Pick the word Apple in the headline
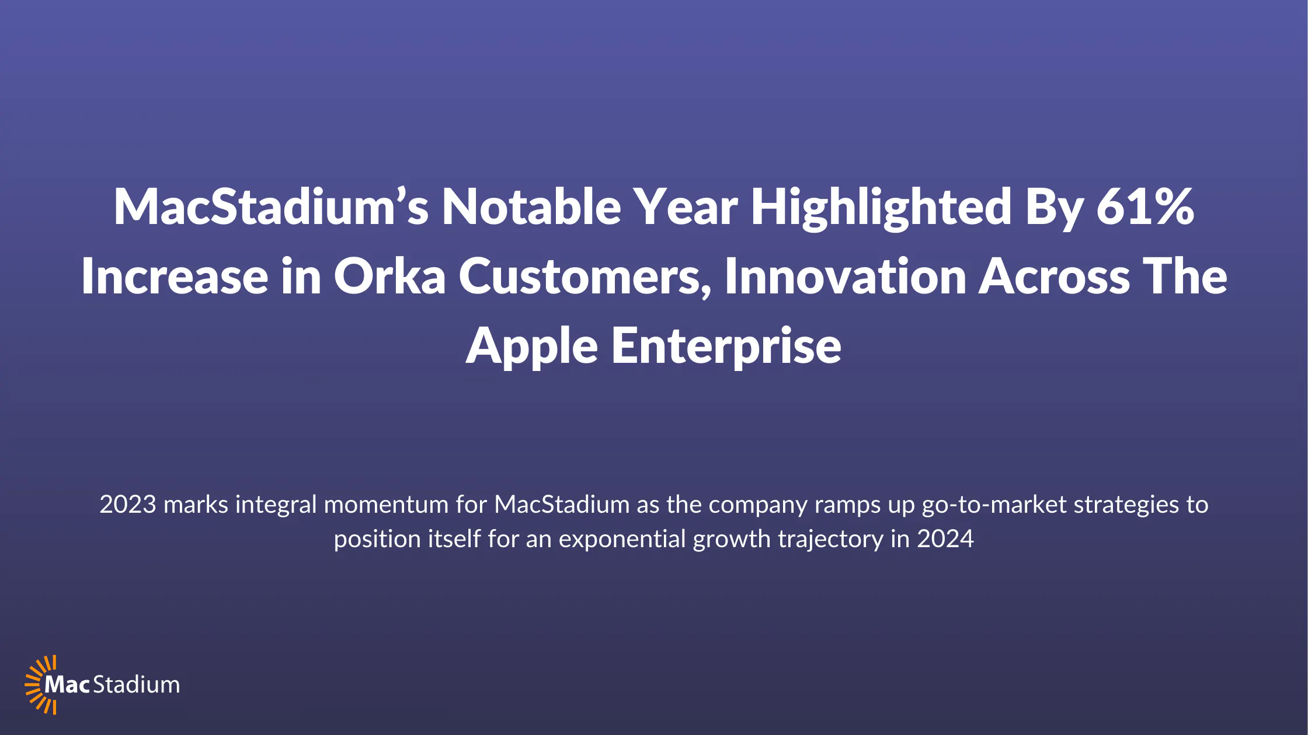pyautogui.click(x=531, y=347)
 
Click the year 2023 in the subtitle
pyautogui.click(x=128, y=505)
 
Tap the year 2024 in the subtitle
pyautogui.click(x=945, y=539)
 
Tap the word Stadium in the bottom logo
pyautogui.click(x=137, y=684)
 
